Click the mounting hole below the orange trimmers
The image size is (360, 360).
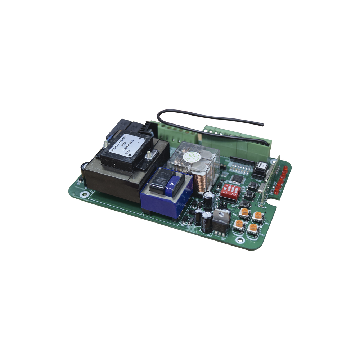pyautogui.click(x=239, y=240)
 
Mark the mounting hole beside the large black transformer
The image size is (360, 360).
pyautogui.click(x=85, y=194)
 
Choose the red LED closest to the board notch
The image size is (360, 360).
pyautogui.click(x=278, y=193)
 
